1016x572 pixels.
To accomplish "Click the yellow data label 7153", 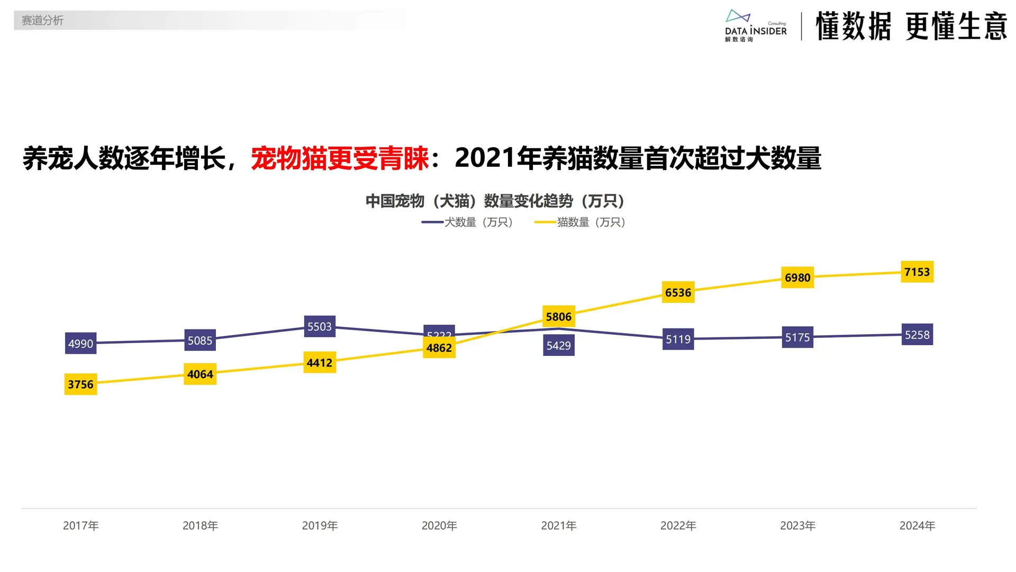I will [917, 272].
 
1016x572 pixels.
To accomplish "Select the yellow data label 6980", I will [797, 278].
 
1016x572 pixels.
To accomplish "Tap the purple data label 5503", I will [320, 327].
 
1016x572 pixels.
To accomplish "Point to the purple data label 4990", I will [80, 344].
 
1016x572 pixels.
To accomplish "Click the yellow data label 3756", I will [80, 385].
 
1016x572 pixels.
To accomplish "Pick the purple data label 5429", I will [559, 346].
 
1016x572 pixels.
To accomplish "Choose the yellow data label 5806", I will [559, 317].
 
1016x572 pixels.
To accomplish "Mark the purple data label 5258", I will [917, 335].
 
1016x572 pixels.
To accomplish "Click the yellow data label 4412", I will [320, 363].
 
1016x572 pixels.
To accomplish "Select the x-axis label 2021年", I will [559, 526].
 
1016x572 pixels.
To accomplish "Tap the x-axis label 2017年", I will [80, 526].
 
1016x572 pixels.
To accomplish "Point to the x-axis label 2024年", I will [917, 526].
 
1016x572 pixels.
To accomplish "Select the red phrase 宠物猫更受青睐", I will [340, 158].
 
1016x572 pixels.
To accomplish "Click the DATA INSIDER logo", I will [755, 26].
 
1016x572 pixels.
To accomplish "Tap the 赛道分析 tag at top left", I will [42, 21].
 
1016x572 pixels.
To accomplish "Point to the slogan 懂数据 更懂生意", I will [911, 26].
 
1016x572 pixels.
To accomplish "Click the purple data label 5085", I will [200, 341].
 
